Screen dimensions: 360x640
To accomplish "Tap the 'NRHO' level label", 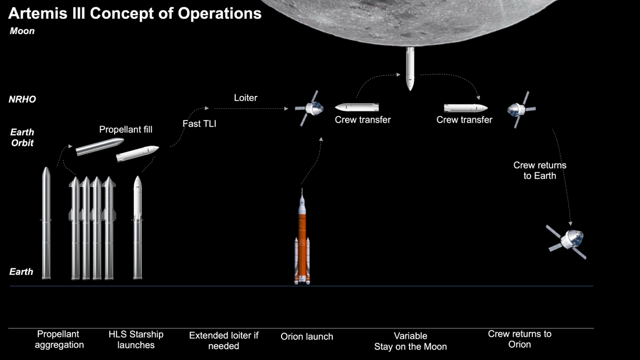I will click(22, 99).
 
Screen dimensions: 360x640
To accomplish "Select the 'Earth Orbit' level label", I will click(22, 137).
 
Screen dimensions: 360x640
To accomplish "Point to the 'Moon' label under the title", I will click(22, 31).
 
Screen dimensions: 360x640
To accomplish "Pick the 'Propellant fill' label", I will click(126, 130).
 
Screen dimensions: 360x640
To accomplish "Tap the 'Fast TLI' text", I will click(199, 124).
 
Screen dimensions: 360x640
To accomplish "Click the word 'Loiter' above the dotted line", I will click(245, 98).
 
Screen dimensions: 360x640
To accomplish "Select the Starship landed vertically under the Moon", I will click(410, 68).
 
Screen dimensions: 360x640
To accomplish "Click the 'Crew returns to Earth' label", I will click(540, 170).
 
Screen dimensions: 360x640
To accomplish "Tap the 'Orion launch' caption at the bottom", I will click(307, 337).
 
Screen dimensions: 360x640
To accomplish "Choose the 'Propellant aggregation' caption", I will click(59, 339).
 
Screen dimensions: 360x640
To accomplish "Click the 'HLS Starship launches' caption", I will click(136, 339).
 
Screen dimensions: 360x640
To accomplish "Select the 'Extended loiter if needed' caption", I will click(224, 340).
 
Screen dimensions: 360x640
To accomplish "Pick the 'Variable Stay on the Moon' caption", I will click(410, 341).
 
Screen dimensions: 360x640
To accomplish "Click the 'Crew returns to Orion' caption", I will click(519, 339).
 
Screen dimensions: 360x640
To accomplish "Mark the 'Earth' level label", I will click(21, 271).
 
